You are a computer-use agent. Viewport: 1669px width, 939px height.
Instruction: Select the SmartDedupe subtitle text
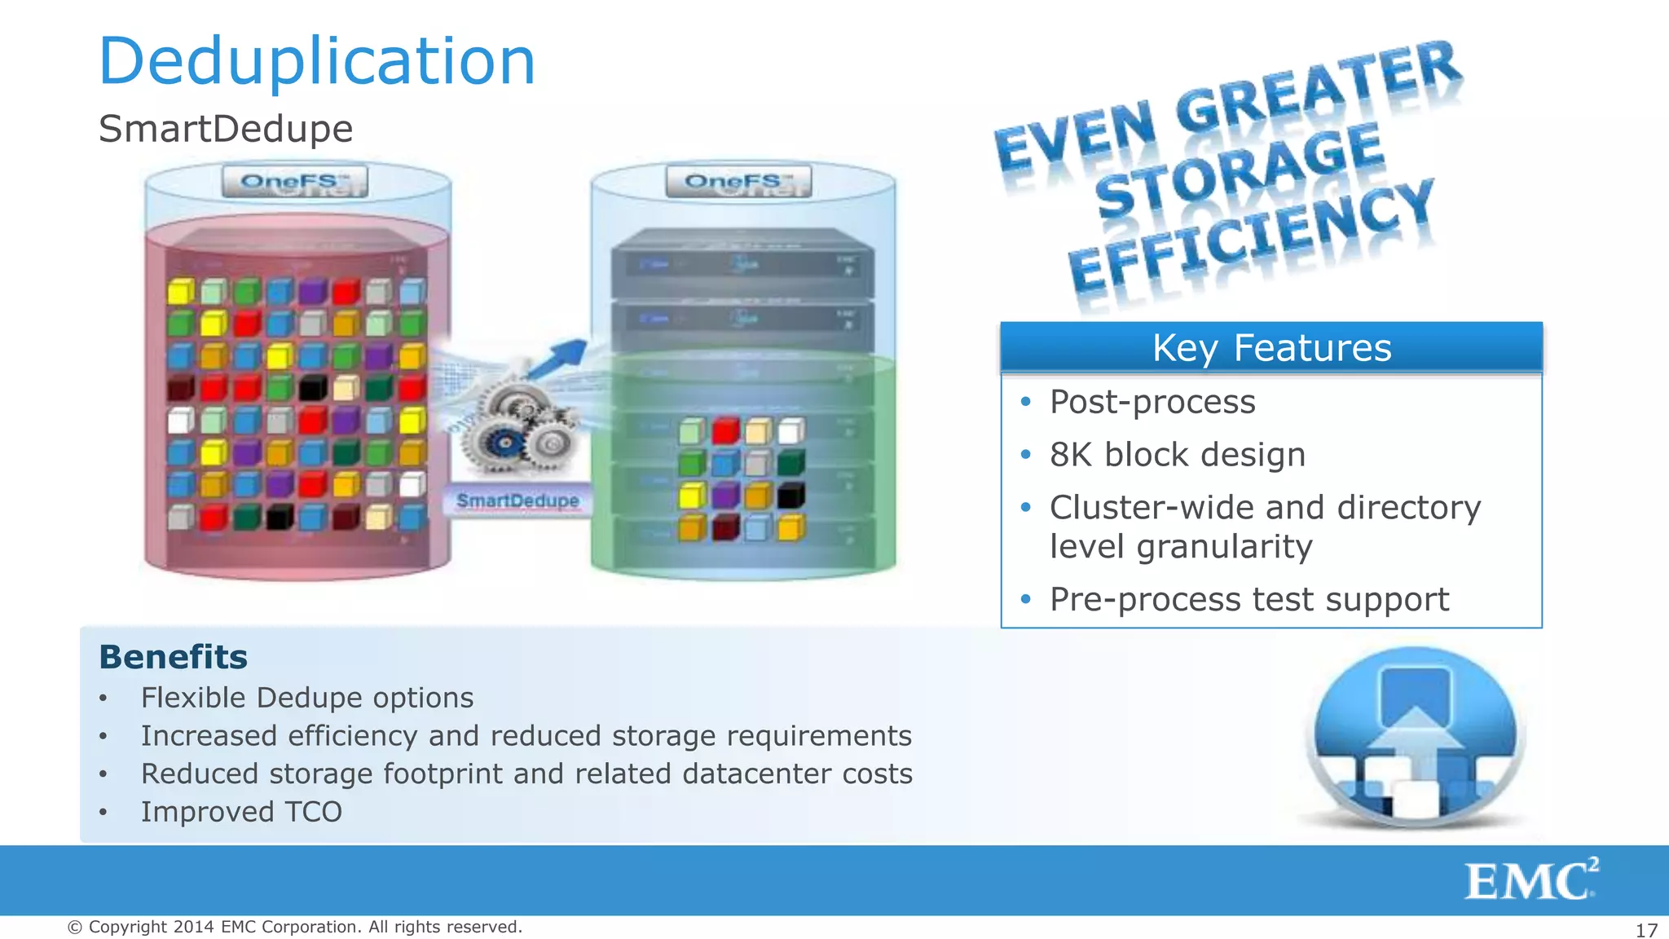coord(226,129)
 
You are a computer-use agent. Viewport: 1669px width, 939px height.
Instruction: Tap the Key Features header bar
coord(1271,347)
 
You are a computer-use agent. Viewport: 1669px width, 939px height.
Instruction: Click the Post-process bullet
coord(1152,402)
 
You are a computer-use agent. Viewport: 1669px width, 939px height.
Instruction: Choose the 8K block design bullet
coord(1177,455)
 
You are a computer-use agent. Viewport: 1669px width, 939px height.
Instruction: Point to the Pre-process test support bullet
coord(1248,599)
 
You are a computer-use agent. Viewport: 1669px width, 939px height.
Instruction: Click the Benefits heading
coord(173,657)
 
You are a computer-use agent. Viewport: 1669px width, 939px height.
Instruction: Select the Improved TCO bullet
coord(241,812)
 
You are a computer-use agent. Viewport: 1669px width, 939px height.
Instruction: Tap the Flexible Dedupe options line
coord(306,698)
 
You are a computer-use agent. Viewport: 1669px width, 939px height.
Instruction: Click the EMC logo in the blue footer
coord(1530,880)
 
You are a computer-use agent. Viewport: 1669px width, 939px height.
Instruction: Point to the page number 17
coord(1646,930)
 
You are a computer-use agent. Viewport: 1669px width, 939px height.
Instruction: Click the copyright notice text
coord(294,927)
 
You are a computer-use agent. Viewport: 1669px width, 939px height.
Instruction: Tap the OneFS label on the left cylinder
coord(294,181)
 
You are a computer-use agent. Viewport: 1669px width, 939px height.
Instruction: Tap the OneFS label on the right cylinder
coord(738,181)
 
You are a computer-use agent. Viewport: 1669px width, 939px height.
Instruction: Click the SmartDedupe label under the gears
coord(517,500)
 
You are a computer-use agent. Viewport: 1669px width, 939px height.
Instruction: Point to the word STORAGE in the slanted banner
coord(1239,173)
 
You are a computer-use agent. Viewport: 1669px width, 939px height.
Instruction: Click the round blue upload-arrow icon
coord(1415,737)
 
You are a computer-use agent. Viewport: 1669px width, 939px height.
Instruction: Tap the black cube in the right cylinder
coord(790,495)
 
